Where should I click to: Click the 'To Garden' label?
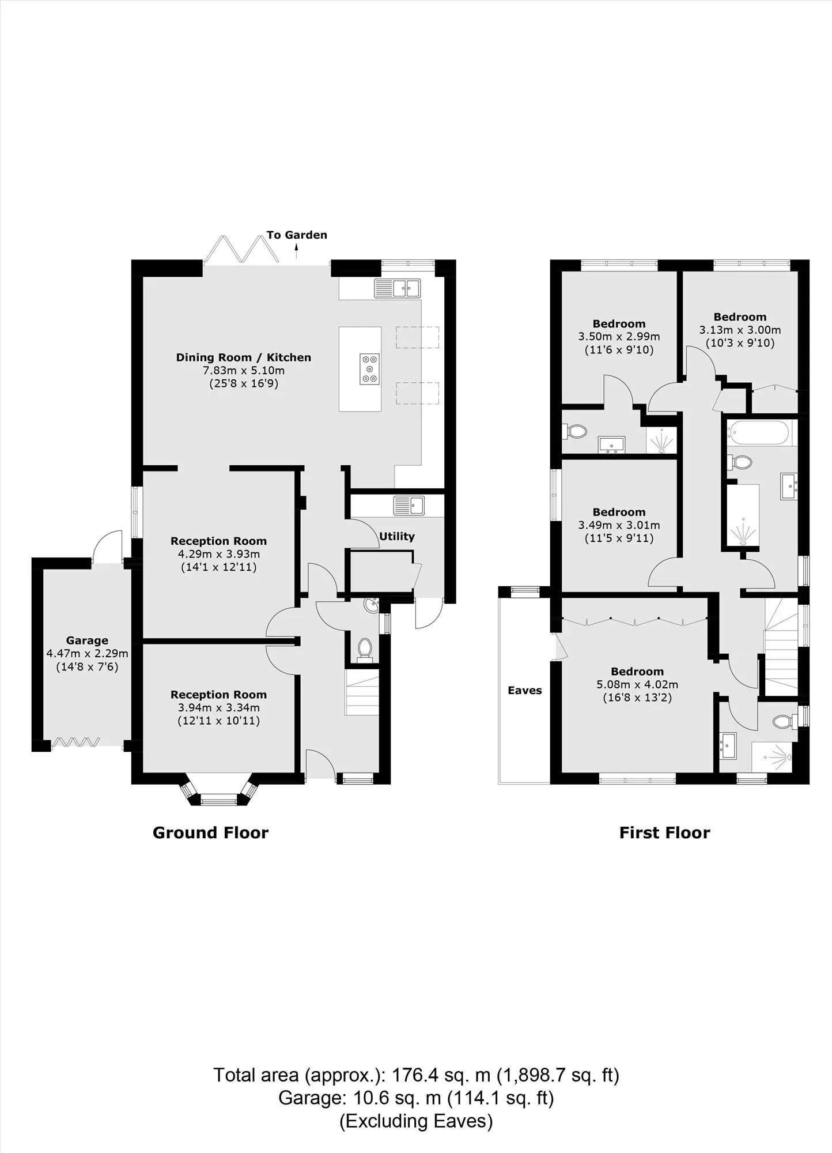pos(297,235)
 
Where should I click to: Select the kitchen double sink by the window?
pos(398,288)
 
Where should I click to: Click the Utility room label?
pos(397,537)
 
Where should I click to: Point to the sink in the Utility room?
pos(409,506)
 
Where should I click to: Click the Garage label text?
pos(87,640)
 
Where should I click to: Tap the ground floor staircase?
pos(362,692)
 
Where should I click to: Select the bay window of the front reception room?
pos(218,793)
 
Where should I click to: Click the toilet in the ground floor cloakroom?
pos(365,647)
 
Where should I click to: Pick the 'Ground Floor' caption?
pos(210,832)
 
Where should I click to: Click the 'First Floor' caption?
pos(664,832)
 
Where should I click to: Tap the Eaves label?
pos(525,690)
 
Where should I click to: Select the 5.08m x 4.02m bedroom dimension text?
pos(637,685)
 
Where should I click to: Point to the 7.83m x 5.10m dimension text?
pos(243,371)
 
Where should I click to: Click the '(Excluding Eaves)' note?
pos(416,1121)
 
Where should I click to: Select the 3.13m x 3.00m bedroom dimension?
pos(740,330)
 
